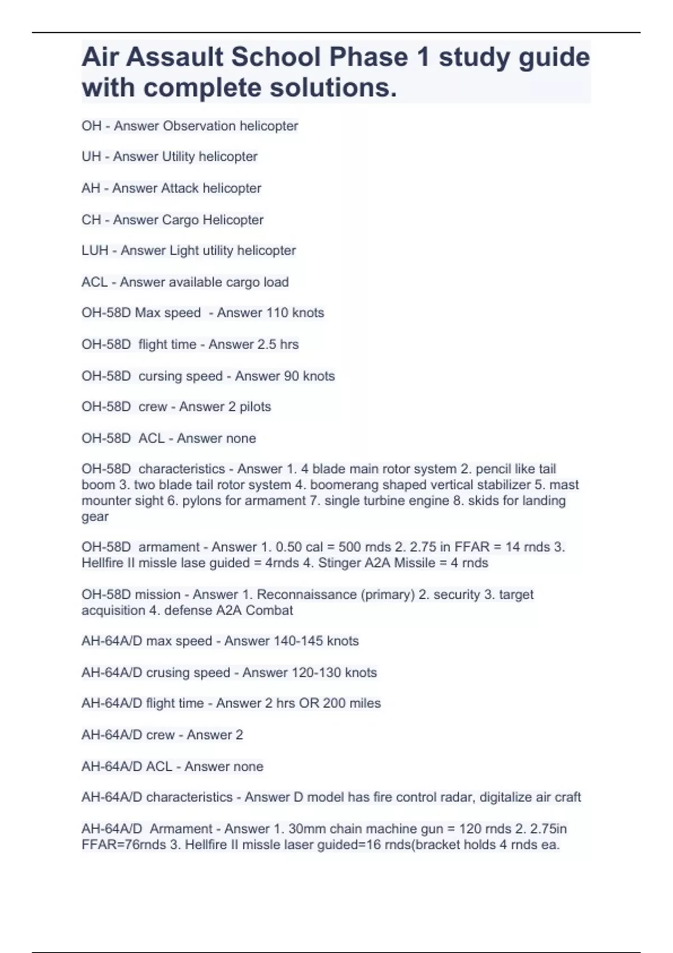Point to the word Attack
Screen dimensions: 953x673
coord(179,188)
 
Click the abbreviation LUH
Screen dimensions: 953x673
coord(95,251)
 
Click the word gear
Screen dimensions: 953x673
coord(95,517)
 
